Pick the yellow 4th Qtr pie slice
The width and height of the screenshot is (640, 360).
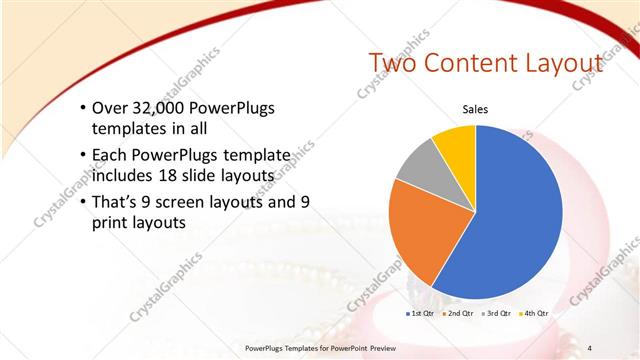coord(455,140)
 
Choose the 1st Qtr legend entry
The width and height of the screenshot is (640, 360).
coord(420,313)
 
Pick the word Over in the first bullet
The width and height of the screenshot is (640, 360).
coord(110,108)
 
